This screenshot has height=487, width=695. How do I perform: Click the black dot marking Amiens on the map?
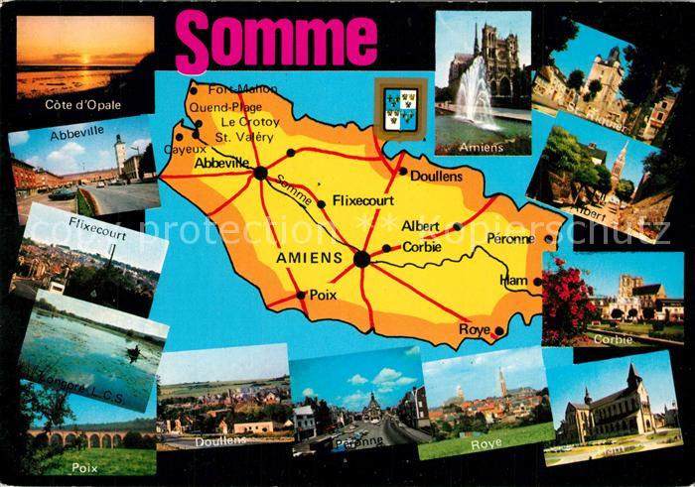pos(361,259)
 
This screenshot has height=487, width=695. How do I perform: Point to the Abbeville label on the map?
pos(221,163)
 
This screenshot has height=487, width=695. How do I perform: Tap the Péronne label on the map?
pos(511,239)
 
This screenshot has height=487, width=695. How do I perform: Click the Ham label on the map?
pos(516,281)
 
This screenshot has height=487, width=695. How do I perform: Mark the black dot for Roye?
pos(499,331)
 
